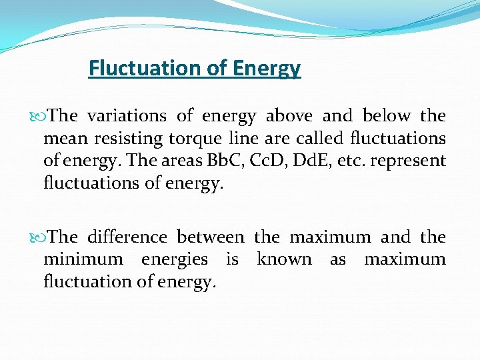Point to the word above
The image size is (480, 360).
pos(290,116)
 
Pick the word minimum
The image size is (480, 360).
pos(83,259)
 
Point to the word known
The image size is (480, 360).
pos(284,259)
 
